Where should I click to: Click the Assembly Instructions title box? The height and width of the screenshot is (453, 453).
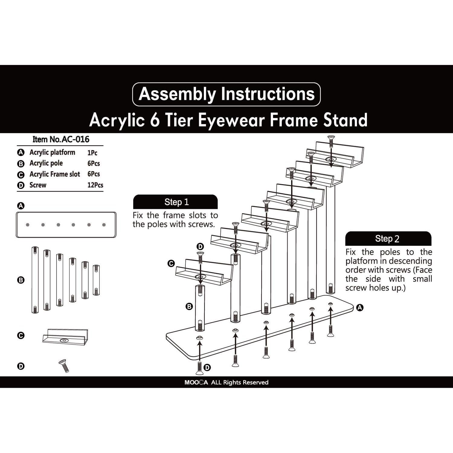pos(226,94)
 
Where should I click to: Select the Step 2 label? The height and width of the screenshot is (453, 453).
pos(387,239)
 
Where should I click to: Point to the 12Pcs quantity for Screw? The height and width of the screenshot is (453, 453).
pos(95,185)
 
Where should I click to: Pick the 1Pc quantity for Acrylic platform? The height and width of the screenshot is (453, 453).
pos(92,153)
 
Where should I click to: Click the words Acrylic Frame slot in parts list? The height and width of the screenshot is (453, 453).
pos(55,174)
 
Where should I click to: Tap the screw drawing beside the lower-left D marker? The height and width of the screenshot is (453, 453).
pos(64,365)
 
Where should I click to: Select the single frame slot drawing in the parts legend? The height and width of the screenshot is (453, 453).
pos(65,336)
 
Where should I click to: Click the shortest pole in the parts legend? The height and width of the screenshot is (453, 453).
pos(96,280)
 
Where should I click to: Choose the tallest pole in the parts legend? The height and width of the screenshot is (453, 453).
pos(35,280)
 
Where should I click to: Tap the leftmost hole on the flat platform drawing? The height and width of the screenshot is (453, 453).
pos(27,225)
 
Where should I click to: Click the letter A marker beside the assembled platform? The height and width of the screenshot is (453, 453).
pos(359,307)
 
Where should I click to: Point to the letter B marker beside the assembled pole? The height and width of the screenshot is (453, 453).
pos(189,307)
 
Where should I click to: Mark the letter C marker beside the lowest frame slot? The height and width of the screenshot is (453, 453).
pos(171,263)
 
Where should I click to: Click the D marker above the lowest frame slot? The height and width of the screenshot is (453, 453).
pos(200,246)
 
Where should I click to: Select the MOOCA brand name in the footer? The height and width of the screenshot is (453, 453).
pos(196,382)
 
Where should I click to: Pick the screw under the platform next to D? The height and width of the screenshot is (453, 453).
pos(199,366)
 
